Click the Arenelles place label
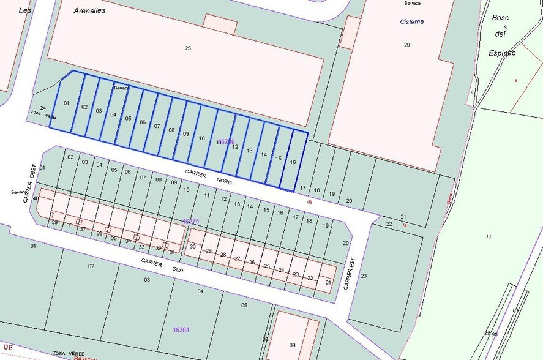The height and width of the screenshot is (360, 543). click(x=89, y=10)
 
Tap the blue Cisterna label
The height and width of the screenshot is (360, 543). click(x=412, y=22)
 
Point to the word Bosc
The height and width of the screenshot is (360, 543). click(x=500, y=17)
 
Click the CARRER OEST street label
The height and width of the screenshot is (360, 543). click(x=29, y=187)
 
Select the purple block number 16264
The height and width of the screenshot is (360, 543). click(x=181, y=330)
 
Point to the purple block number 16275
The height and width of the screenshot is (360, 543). click(x=191, y=221)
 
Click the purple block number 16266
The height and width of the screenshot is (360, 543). click(x=226, y=141)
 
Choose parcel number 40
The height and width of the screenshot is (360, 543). click(x=36, y=198)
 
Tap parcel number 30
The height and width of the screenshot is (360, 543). click(x=193, y=246)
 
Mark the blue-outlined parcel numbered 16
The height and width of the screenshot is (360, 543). click(x=293, y=162)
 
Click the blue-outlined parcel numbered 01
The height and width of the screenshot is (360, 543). click(x=66, y=103)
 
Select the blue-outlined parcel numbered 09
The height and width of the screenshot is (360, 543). click(x=186, y=133)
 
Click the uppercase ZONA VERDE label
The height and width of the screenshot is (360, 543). click(x=69, y=353)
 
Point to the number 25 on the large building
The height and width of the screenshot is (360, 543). click(x=188, y=48)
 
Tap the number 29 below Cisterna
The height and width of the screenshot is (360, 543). click(x=407, y=45)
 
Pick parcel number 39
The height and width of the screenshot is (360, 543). click(x=54, y=222)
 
